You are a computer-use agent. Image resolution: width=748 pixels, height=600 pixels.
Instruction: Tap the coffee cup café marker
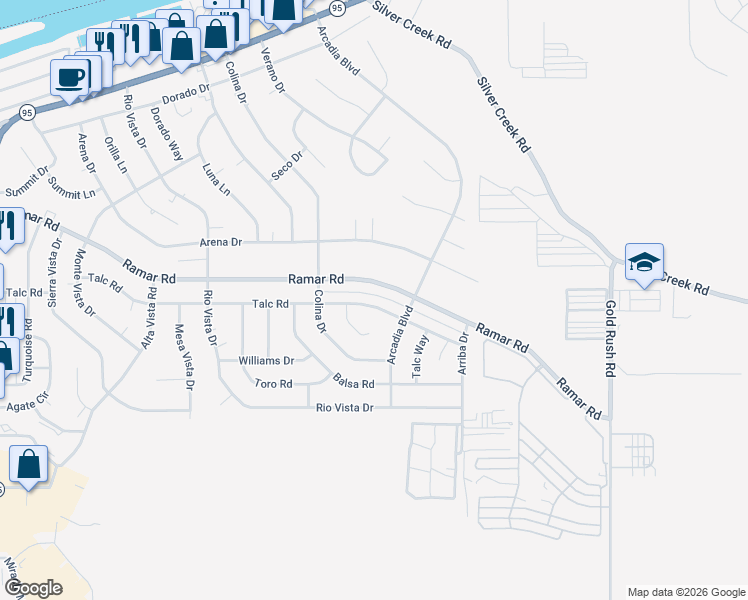point(71,78)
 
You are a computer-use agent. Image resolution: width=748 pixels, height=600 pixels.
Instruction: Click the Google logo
point(33,587)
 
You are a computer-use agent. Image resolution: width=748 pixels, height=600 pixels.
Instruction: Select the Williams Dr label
point(266,361)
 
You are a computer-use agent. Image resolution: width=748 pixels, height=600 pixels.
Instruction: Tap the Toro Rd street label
point(273,384)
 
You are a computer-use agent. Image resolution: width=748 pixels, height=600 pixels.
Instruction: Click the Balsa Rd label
point(354,384)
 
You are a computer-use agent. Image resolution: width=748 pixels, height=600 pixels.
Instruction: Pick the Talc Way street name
point(421,357)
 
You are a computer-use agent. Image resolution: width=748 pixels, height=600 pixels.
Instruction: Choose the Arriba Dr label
point(463,354)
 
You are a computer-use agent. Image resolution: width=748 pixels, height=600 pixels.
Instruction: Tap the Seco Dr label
point(287,166)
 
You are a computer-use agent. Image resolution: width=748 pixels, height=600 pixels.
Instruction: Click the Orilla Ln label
point(115,155)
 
